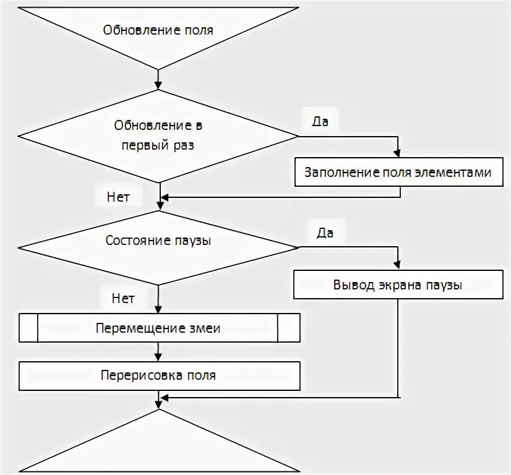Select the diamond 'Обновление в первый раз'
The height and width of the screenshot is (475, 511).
click(158, 135)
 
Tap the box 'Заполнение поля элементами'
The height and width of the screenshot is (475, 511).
click(398, 173)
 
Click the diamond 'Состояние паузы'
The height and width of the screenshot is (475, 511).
click(158, 241)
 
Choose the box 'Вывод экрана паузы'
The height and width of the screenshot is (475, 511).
click(398, 286)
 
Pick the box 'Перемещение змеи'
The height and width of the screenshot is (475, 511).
click(158, 328)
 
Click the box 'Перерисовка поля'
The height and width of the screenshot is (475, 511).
click(158, 375)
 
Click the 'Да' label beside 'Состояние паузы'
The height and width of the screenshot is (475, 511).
click(325, 233)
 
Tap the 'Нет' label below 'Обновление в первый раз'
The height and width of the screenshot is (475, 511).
click(118, 197)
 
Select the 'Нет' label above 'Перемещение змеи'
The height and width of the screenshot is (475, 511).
click(123, 298)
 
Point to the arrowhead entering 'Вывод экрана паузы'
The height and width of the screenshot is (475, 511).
click(398, 265)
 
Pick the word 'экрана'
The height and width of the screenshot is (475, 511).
click(396, 286)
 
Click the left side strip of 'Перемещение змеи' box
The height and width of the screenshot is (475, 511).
click(28, 328)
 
